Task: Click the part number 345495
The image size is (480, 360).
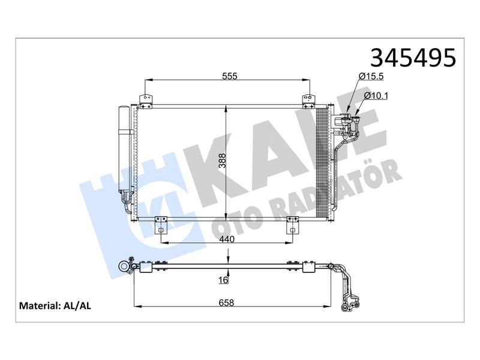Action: click(413, 58)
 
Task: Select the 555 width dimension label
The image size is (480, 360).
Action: click(230, 76)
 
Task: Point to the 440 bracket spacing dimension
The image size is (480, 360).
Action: click(227, 239)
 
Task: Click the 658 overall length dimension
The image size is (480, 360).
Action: click(226, 303)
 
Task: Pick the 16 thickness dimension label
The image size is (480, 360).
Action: click(224, 280)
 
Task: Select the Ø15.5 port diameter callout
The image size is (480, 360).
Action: click(371, 76)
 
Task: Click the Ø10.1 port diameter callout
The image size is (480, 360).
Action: click(376, 96)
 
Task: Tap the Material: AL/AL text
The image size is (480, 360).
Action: click(55, 305)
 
